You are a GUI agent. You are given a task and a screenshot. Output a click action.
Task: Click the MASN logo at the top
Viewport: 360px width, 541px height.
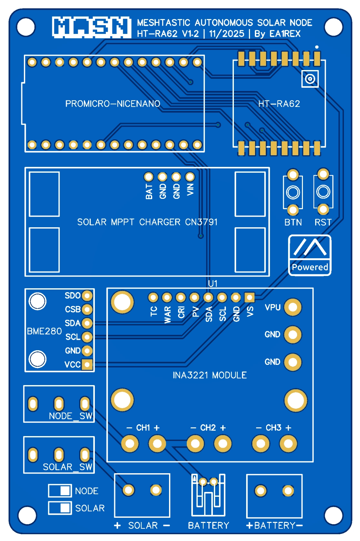pyautogui.click(x=92, y=27)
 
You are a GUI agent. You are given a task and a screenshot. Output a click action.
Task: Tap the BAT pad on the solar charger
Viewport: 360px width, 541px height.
pyautogui.click(x=148, y=177)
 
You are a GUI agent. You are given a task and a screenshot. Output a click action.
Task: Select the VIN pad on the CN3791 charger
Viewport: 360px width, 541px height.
pyautogui.click(x=190, y=177)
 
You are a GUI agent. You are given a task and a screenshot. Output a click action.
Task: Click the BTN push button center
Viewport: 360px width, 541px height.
pyautogui.click(x=293, y=193)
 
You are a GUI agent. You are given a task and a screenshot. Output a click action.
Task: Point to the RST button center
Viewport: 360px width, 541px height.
pyautogui.click(x=323, y=192)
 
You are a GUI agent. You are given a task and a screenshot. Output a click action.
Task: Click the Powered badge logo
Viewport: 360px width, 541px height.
pyautogui.click(x=310, y=255)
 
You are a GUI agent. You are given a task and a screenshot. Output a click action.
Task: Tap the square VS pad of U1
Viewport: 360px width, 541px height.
pyautogui.click(x=249, y=297)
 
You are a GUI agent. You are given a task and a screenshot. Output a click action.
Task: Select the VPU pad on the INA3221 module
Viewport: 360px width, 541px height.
pyautogui.click(x=293, y=307)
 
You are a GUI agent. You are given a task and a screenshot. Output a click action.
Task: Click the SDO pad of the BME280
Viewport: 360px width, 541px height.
pyautogui.click(x=87, y=295)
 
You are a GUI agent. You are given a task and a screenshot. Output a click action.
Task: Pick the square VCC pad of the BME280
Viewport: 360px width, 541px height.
pyautogui.click(x=87, y=364)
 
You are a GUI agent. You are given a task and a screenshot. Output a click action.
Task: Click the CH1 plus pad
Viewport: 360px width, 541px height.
pyautogui.click(x=157, y=444)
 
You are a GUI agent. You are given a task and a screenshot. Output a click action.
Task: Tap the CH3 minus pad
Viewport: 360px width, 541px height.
pyautogui.click(x=261, y=444)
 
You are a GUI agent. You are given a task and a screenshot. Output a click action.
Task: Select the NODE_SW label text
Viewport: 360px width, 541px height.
pyautogui.click(x=71, y=416)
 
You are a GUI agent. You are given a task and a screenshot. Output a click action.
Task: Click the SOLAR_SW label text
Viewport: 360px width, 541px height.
pyautogui.click(x=68, y=467)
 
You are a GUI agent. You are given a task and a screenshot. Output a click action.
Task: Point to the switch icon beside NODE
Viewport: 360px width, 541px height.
pyautogui.click(x=60, y=491)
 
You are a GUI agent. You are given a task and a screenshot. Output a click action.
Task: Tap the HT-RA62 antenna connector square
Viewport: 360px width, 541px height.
pyautogui.click(x=310, y=79)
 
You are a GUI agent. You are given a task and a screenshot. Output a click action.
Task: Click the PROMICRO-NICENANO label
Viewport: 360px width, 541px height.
pyautogui.click(x=113, y=104)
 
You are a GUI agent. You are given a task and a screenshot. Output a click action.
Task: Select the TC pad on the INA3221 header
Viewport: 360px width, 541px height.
pyautogui.click(x=153, y=297)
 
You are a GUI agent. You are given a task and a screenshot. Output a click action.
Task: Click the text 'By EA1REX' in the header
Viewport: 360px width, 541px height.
pyautogui.click(x=277, y=34)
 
